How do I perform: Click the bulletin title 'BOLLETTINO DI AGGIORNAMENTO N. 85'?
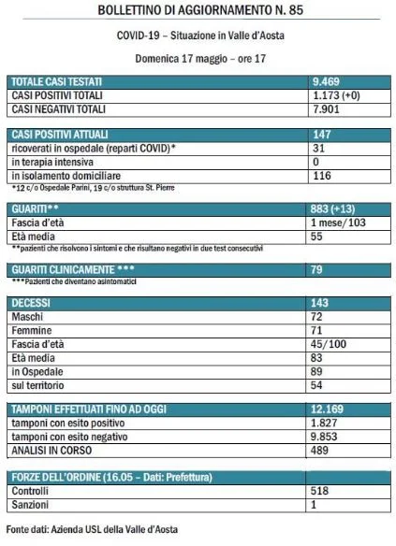point(198,10)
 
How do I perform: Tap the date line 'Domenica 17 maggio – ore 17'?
point(198,55)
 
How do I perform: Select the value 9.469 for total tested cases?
point(329,82)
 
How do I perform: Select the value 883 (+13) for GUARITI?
point(339,210)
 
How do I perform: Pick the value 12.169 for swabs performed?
point(330,409)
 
